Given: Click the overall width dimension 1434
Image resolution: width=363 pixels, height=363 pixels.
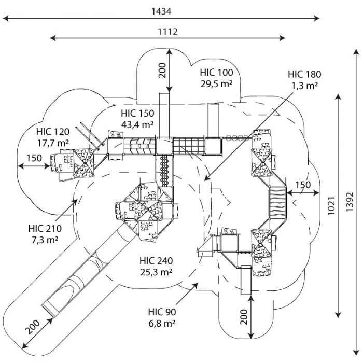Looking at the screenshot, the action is [x=161, y=11].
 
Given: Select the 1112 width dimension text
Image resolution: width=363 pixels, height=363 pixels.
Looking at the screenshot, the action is [x=167, y=32].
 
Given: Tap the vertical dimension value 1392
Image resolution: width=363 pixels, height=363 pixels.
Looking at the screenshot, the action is [x=350, y=201].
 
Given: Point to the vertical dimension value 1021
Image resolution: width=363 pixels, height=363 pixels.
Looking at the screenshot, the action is [x=331, y=205].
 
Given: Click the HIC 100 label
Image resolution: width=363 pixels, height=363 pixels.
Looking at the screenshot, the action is [x=216, y=73].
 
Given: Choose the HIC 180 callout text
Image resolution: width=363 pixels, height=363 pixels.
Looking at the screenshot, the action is [x=304, y=74].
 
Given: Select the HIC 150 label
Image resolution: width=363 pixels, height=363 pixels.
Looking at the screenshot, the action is [x=137, y=114].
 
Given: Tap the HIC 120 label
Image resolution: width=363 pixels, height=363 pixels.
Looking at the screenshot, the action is [x=53, y=132].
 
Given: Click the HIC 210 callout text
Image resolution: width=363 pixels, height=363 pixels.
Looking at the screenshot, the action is [x=45, y=229].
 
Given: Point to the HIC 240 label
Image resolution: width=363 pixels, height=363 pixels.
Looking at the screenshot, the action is [x=156, y=261].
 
